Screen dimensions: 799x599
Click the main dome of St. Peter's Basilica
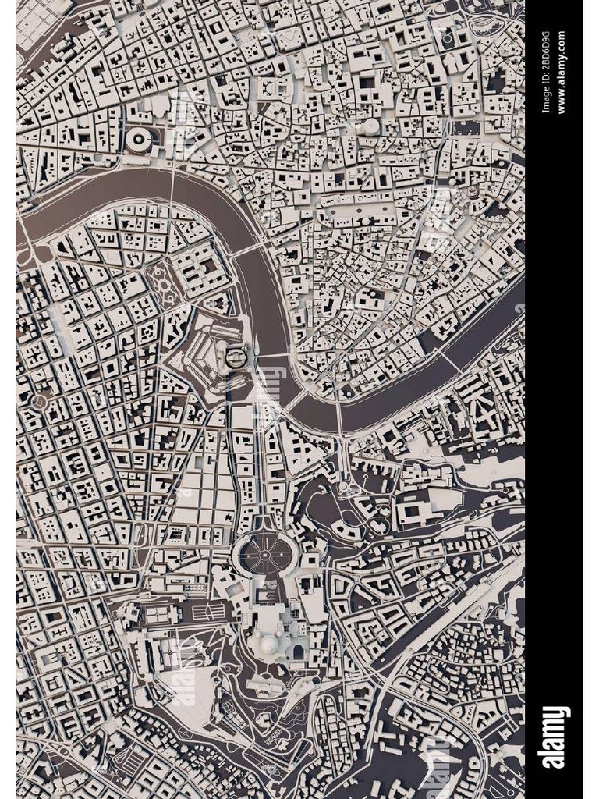pyautogui.click(x=268, y=645)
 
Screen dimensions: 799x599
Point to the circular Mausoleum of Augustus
pyautogui.click(x=140, y=140)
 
